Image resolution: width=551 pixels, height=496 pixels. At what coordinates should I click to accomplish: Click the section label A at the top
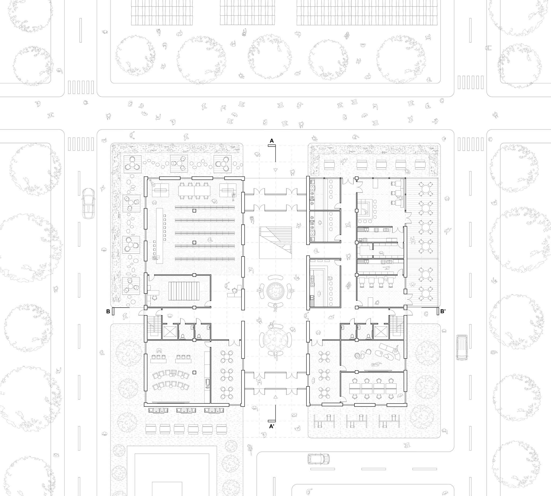pos(272,141)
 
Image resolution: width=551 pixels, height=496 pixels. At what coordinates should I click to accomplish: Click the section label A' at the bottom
pos(272,426)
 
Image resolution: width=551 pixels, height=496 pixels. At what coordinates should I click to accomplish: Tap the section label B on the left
pos(108,312)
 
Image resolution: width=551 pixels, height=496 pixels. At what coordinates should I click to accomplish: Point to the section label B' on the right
pos(443,312)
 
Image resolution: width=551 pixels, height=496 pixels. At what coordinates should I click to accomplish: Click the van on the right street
pos(462,347)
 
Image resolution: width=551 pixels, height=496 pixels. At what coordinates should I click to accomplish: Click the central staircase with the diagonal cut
pos(275,242)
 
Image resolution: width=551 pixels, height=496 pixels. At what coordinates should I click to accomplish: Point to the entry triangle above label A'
pos(275,397)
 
